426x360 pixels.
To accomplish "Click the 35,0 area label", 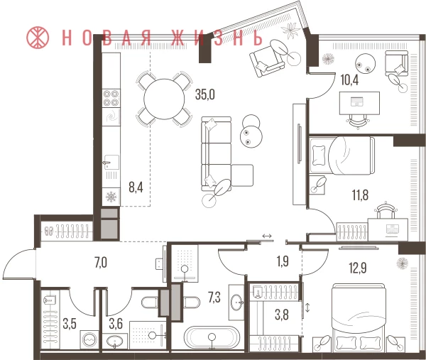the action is [205, 94].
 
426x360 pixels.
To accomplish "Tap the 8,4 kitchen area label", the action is [136, 187].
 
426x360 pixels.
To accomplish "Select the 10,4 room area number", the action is [349, 80].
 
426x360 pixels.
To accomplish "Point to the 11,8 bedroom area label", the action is [360, 195].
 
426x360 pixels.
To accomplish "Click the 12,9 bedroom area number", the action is [358, 268].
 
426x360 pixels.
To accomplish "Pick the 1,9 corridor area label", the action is [283, 261].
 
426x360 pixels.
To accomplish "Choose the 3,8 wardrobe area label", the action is [282, 315].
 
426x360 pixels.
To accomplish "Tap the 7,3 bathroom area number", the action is [214, 298].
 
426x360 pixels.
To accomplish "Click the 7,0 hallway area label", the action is [101, 263].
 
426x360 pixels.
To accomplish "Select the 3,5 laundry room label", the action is [70, 324].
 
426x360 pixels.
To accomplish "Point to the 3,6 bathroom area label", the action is [116, 324].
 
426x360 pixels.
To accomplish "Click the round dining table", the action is [164, 99].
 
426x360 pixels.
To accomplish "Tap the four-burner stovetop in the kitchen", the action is [111, 98].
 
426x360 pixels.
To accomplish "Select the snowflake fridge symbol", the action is [111, 197].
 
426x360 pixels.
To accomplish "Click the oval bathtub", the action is [212, 337].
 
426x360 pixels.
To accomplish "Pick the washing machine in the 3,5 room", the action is [89, 339].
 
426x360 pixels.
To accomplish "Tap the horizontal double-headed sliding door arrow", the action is [267, 236].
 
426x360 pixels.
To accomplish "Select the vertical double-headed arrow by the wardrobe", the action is [307, 308].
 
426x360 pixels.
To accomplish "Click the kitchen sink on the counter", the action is [111, 163].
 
